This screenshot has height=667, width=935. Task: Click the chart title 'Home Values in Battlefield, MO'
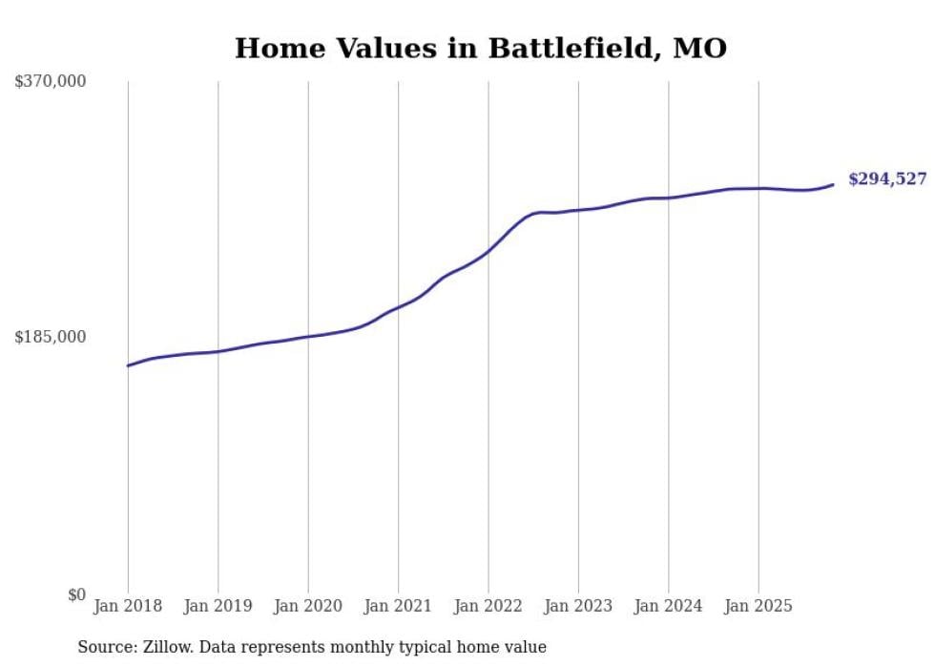point(480,48)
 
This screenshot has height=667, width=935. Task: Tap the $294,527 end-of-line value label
point(886,178)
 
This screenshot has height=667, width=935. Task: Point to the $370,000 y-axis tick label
point(51,82)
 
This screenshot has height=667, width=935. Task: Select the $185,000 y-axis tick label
point(51,337)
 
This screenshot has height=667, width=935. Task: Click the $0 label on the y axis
point(76,594)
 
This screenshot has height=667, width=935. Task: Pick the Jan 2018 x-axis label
point(128,606)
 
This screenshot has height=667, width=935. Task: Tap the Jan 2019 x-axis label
point(218,606)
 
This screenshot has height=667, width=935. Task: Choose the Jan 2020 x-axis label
point(308,606)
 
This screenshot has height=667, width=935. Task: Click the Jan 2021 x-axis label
point(398,606)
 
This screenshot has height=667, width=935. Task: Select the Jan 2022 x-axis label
point(488,606)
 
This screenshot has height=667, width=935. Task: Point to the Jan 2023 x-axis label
point(578,606)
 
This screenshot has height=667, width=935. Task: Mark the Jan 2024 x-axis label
point(669,606)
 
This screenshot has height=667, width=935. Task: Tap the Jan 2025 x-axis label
point(758,606)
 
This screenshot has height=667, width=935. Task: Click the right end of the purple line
point(833,184)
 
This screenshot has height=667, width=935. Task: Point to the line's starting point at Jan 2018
point(128,365)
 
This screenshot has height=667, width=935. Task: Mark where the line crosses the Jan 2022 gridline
point(488,251)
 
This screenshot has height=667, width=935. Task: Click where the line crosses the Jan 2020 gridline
point(308,336)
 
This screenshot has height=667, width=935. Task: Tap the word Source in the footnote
point(103,647)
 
